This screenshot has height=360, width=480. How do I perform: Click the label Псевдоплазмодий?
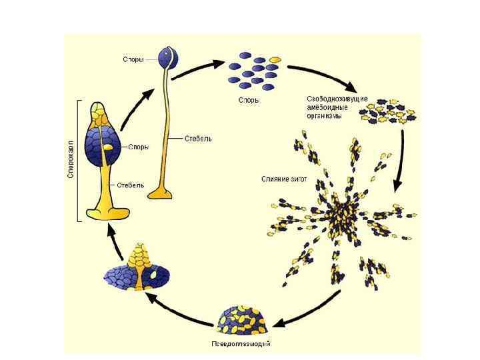241,344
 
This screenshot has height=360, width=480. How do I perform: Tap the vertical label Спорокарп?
70,161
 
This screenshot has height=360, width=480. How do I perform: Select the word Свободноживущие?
342,99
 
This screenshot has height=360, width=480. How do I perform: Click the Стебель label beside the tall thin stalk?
199,139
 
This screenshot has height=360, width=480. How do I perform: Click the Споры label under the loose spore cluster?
249,101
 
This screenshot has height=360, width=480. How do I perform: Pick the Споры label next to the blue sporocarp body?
138,147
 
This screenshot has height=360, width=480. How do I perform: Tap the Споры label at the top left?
133,59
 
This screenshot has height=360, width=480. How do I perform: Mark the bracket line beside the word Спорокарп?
79,161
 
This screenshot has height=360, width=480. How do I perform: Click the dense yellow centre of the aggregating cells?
344,211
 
